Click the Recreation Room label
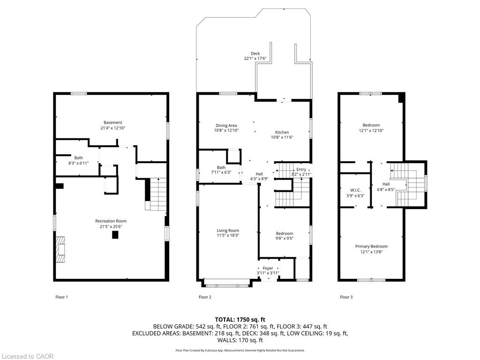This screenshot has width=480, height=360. (x=111, y=221)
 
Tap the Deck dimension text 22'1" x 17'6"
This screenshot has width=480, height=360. (x=255, y=59)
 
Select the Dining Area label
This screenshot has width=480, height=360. (x=226, y=126)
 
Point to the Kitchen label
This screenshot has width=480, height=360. (x=282, y=132)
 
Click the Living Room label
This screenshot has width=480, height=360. (x=228, y=231)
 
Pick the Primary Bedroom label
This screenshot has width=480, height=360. (x=371, y=247)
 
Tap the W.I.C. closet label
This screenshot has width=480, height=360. (x=355, y=190)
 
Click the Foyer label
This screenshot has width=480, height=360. (x=268, y=268)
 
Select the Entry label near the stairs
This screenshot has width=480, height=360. (x=301, y=170)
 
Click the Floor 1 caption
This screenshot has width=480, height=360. (x=61, y=297)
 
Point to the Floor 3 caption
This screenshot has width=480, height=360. (x=346, y=297)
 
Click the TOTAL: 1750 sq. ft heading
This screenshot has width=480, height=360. (x=240, y=320)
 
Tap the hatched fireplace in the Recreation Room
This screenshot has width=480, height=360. (x=60, y=249)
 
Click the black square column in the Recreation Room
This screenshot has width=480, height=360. (x=115, y=235)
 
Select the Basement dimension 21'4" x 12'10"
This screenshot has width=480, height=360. (x=113, y=128)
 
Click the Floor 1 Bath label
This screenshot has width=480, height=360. (x=79, y=158)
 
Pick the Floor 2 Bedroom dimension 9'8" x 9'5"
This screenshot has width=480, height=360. (x=285, y=238)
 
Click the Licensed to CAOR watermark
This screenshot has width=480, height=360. (x=28, y=356)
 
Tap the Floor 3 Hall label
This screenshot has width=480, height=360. (x=386, y=184)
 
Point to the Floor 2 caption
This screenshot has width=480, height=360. (x=205, y=297)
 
